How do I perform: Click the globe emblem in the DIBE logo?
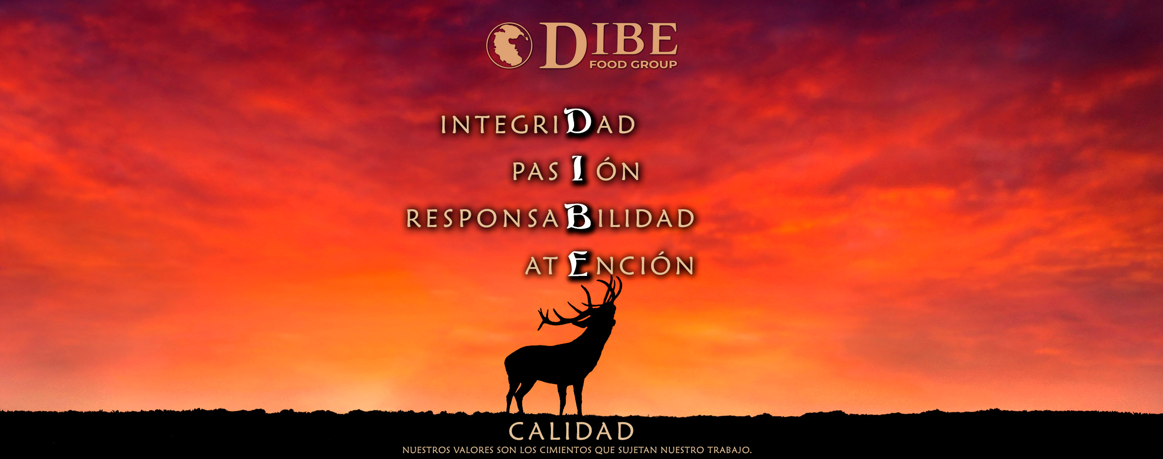[x=509, y=45]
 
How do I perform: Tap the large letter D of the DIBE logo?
[x=563, y=45]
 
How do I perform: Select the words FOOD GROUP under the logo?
[x=633, y=64]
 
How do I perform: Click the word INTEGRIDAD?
[x=538, y=122]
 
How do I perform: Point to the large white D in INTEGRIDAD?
[x=578, y=121]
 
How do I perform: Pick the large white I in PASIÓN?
[x=578, y=168]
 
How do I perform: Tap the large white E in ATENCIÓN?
[x=579, y=264]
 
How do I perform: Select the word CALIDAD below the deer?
[x=572, y=431]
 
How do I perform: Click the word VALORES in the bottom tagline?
[x=473, y=450]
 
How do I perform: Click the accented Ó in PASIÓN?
[x=607, y=169]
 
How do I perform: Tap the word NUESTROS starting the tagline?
[x=426, y=450]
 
